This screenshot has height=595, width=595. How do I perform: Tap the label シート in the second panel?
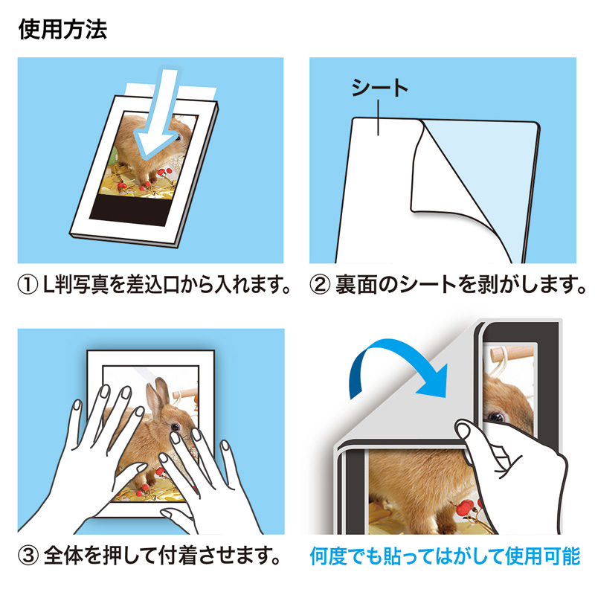[x=380, y=89]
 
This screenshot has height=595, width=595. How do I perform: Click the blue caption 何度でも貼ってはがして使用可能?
[x=443, y=556]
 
